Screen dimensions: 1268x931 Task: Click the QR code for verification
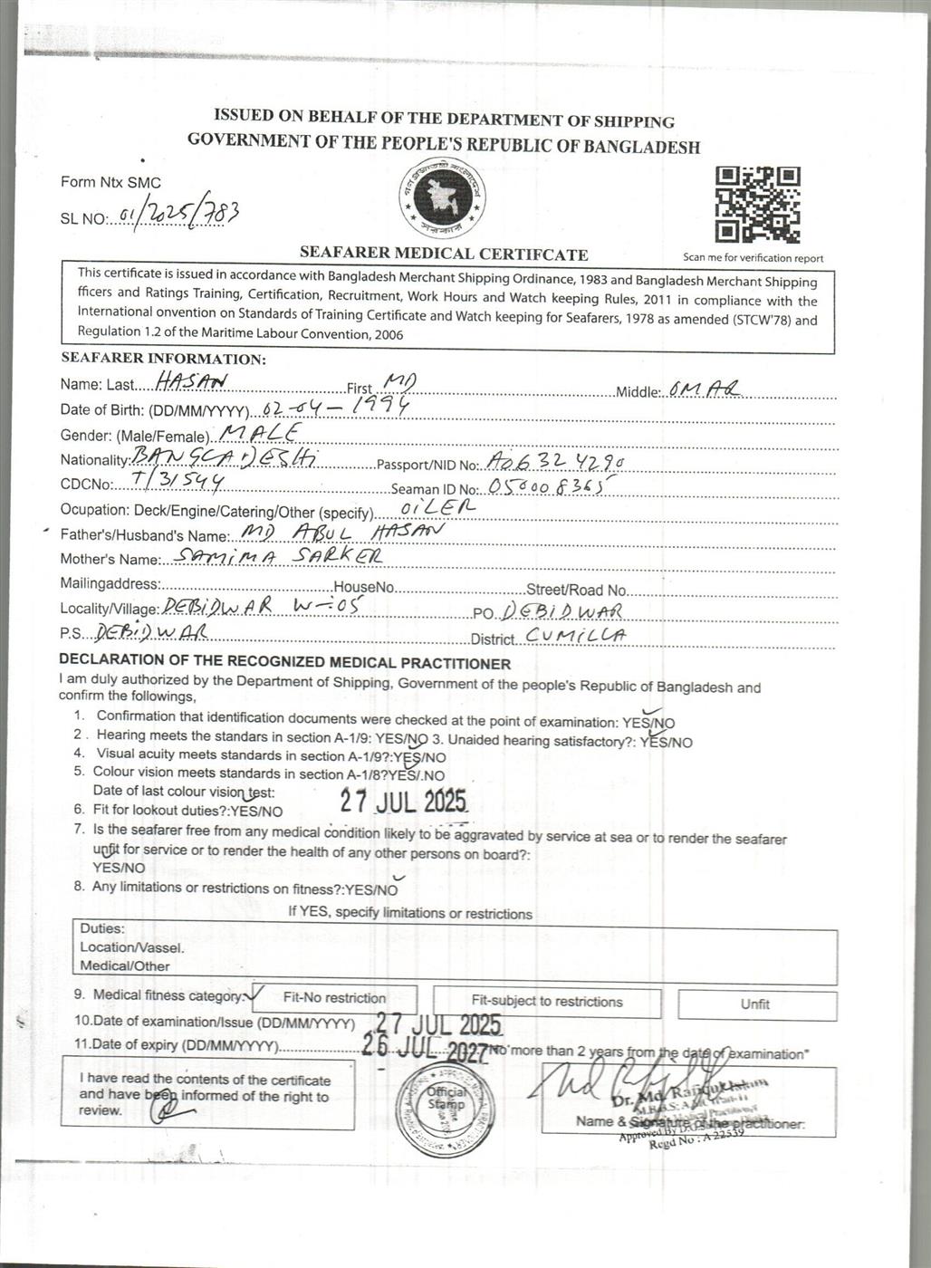pos(757,205)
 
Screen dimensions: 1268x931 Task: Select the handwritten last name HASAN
pos(191,381)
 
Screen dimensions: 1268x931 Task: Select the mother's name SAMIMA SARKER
pos(282,555)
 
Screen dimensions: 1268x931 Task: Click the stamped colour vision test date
pos(404,801)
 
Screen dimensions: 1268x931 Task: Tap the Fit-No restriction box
pos(334,998)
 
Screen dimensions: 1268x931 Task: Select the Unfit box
pos(756,1004)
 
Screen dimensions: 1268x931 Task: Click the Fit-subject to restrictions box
pos(547,1002)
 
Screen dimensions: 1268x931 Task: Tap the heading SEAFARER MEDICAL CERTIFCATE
pos(444,255)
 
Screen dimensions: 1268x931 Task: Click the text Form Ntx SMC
pos(110,183)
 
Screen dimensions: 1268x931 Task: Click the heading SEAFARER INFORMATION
pos(163,359)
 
